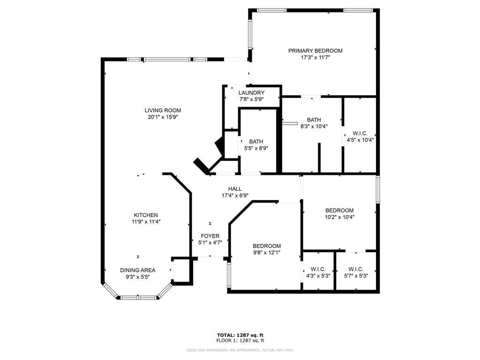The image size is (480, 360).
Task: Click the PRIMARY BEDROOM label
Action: coord(315,51)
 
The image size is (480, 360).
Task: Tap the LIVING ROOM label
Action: coord(163,111)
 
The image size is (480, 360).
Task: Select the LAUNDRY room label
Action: coord(251,93)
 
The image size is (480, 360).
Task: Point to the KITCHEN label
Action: coord(146,215)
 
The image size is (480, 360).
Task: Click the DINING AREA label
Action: coord(138,270)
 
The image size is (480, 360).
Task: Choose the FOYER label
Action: coord(210,236)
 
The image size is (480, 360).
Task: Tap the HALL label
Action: coord(235,189)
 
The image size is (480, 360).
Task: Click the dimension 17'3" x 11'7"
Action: coord(315,58)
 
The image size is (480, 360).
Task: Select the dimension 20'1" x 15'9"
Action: coord(163,117)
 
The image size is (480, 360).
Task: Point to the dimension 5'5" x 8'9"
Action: coord(256,148)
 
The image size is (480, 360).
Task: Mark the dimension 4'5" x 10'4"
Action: coord(360,140)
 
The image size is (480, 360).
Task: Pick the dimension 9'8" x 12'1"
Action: coord(267,253)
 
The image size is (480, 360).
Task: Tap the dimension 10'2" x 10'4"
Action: coord(339,217)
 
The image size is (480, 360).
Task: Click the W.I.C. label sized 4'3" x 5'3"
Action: coord(318,269)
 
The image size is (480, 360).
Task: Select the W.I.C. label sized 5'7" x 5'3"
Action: coord(356,269)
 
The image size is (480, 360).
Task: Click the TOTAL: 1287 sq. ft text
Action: coord(240,335)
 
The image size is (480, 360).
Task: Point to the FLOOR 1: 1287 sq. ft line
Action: coord(240,340)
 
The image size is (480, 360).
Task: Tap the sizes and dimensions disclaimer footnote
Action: coord(240,350)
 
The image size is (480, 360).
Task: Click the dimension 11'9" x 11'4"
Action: coord(146,222)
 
